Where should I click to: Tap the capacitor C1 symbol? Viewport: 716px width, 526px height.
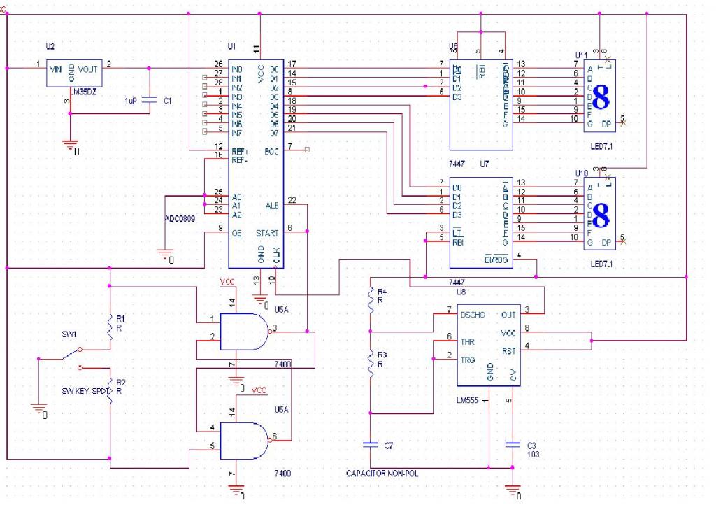(x=148, y=101)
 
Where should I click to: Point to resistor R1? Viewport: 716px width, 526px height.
(x=110, y=326)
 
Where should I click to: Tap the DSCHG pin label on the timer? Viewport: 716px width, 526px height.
(x=474, y=315)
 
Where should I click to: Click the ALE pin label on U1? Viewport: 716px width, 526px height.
(x=272, y=206)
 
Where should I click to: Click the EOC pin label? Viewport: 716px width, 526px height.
(x=272, y=150)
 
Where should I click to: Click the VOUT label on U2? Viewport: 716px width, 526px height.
(x=88, y=69)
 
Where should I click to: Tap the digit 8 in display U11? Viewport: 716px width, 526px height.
(x=601, y=98)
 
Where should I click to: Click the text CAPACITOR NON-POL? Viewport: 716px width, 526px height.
(x=382, y=474)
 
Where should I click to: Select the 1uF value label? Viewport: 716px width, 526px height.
(x=131, y=101)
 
